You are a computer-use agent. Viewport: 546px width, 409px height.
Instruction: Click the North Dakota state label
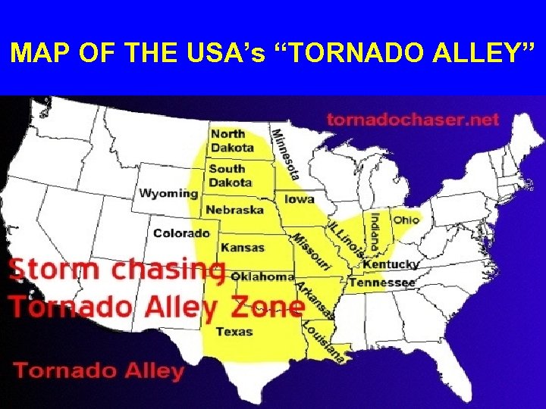click(x=232, y=141)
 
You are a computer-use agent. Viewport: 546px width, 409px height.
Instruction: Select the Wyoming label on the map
click(x=168, y=193)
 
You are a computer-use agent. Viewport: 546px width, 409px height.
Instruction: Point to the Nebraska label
click(x=235, y=210)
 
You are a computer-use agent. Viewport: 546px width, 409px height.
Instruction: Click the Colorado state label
click(x=181, y=233)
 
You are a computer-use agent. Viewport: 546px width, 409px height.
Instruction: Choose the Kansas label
click(x=243, y=247)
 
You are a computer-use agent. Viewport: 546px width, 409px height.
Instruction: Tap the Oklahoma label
click(x=262, y=276)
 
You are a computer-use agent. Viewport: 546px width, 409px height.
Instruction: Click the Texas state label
click(x=234, y=331)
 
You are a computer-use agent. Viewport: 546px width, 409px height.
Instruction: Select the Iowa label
click(x=300, y=199)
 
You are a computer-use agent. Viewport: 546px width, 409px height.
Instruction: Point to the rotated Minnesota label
click(x=285, y=155)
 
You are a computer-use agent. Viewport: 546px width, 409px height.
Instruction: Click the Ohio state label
click(x=406, y=220)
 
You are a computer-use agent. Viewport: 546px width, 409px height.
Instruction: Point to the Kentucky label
click(x=391, y=265)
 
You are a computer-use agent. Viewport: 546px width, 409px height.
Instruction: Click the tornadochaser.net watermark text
click(x=413, y=119)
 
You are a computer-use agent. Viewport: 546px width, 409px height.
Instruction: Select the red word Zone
click(x=268, y=307)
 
